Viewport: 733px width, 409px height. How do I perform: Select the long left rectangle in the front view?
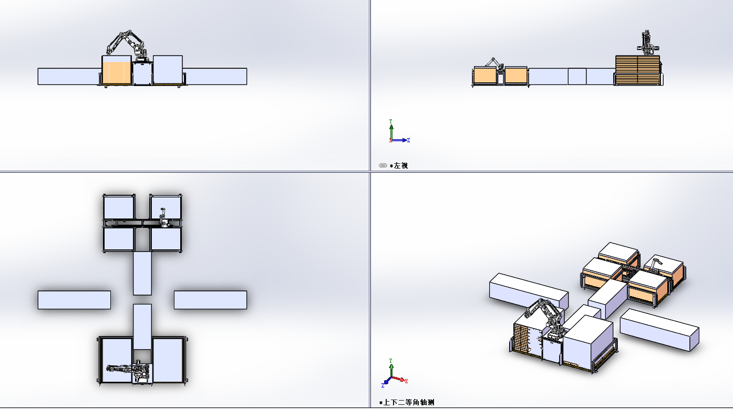pos(69,77)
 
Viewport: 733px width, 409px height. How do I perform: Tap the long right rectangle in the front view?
pos(215,77)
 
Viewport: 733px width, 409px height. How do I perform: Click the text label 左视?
pos(401,166)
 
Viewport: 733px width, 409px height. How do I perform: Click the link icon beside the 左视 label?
pos(383,165)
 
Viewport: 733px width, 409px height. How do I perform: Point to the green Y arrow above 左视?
pos(391,131)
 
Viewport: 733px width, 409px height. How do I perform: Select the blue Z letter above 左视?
pos(408,140)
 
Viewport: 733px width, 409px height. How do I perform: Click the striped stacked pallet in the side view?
pos(637,70)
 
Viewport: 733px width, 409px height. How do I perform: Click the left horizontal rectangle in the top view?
pos(74,300)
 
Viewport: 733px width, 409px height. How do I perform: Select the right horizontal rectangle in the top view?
pos(210,300)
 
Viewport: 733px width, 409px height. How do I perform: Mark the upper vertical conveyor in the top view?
pos(142,274)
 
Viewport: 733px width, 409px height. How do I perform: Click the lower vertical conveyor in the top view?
pos(142,327)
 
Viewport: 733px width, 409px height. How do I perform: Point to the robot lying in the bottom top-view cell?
pos(129,371)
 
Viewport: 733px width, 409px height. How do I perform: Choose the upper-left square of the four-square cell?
pos(119,207)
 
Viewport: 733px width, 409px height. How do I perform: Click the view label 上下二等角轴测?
pos(409,403)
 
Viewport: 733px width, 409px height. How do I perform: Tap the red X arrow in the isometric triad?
pos(400,379)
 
